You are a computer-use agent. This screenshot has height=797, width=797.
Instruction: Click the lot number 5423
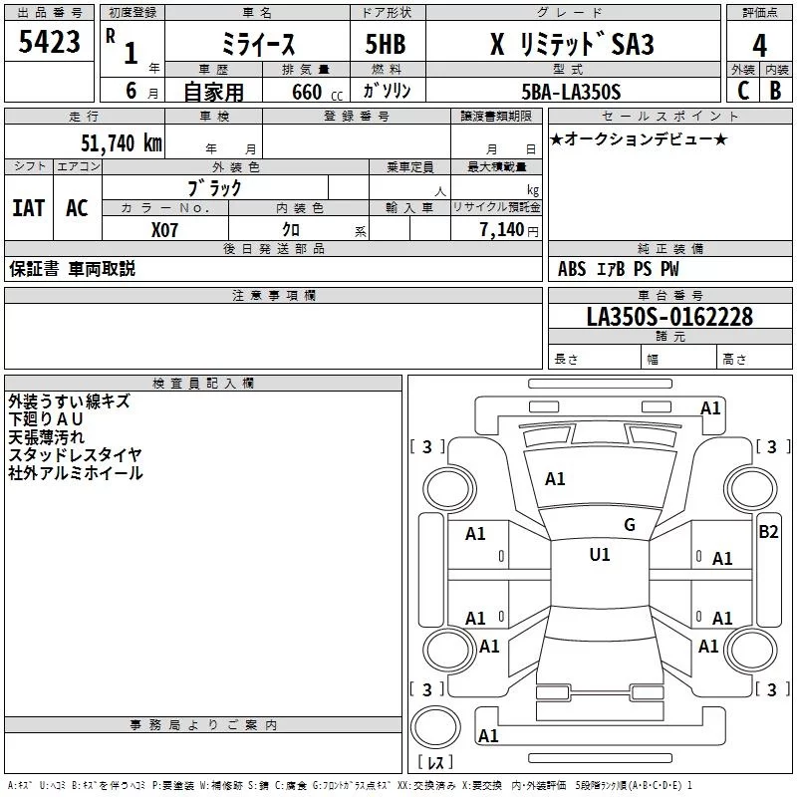[50, 43]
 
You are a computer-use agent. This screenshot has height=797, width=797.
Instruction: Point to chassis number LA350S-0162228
[669, 318]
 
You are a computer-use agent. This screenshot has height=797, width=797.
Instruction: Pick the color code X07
[166, 229]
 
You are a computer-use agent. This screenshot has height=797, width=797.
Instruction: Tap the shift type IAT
[28, 207]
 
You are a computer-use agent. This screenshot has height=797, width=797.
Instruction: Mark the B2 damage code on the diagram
[768, 531]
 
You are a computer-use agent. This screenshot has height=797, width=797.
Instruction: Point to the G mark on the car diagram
[629, 525]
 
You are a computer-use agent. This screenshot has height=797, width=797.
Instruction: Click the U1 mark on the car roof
[600, 554]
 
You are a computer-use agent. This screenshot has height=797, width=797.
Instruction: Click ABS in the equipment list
[572, 269]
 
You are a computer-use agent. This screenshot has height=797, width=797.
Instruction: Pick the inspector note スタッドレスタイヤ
[75, 454]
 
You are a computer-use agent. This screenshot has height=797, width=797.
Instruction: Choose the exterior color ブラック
[214, 187]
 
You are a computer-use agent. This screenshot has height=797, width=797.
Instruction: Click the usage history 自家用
[212, 93]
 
